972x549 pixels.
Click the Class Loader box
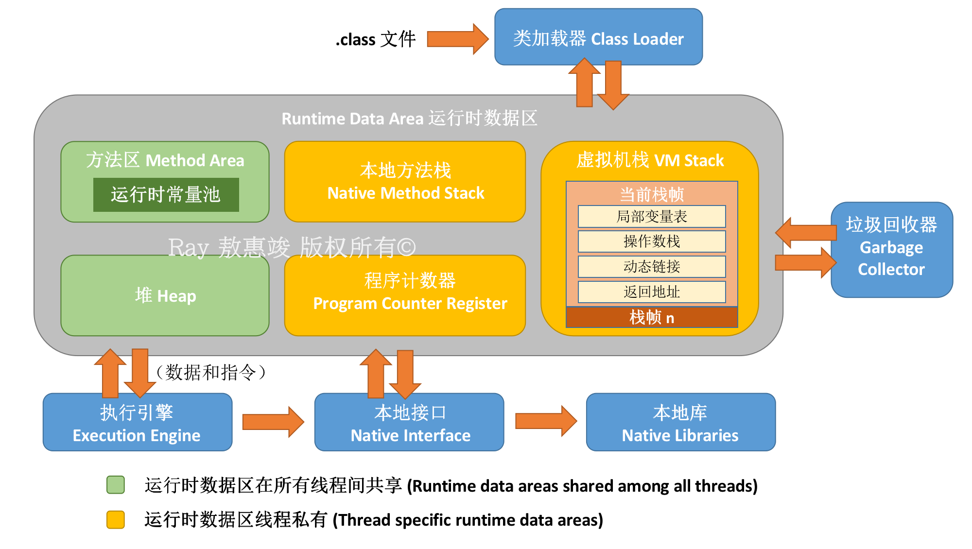598,37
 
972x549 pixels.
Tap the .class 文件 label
376,39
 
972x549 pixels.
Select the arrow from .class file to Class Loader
457,39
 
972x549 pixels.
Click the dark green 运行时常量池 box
166,195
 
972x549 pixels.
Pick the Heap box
165,295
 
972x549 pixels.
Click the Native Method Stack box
405,182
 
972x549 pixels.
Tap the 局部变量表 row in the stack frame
651,217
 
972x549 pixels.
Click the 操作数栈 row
651,241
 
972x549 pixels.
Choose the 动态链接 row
651,267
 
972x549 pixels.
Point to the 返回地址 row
651,292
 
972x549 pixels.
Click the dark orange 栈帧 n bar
651,318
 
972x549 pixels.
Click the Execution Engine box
137,422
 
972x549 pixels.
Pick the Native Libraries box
680,422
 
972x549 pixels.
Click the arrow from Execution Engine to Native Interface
273,422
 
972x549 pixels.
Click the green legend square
116,485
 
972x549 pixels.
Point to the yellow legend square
116,519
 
